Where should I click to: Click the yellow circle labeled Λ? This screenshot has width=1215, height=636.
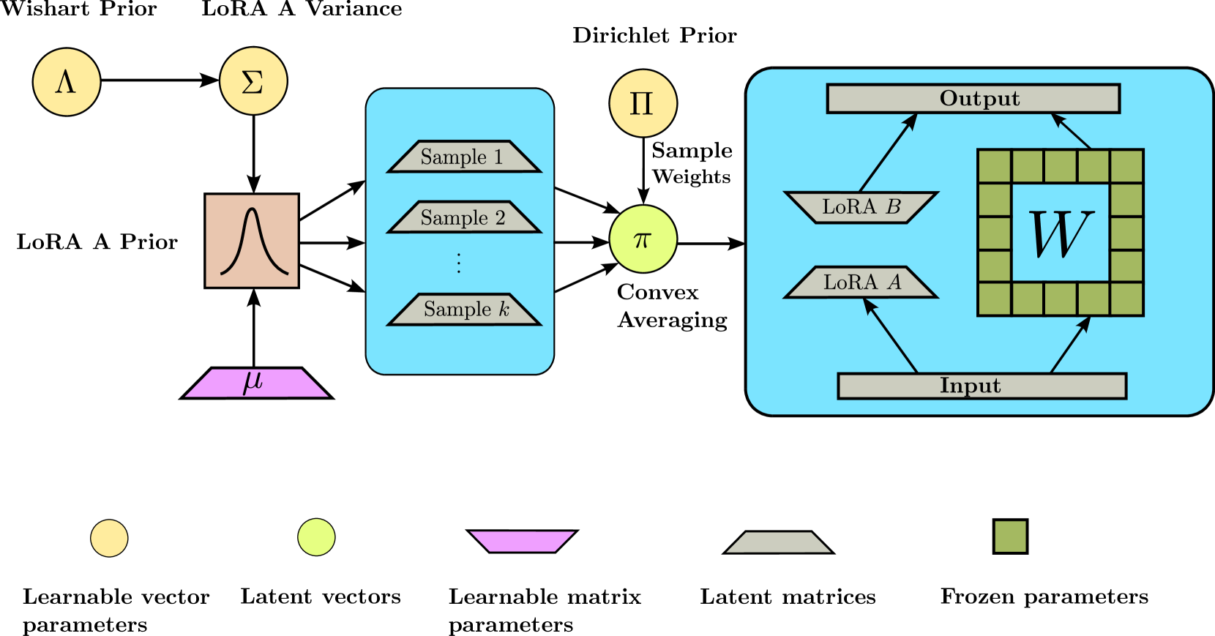[67, 82]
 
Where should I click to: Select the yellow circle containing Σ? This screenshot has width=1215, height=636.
[253, 81]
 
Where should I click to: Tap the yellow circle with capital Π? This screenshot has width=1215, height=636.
[643, 103]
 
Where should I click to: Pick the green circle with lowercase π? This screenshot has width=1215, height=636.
[643, 239]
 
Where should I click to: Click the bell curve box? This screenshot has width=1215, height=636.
[252, 241]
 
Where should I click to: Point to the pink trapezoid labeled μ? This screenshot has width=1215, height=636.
[256, 383]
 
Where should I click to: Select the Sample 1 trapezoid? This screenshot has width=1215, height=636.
[463, 157]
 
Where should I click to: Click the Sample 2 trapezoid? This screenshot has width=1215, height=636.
[463, 217]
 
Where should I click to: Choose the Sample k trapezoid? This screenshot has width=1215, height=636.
[464, 309]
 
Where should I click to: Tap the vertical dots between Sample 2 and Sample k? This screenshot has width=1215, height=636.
[459, 263]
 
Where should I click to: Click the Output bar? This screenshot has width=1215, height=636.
[973, 99]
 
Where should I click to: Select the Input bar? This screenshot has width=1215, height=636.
[982, 386]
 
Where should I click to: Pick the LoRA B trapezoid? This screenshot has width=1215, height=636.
[861, 207]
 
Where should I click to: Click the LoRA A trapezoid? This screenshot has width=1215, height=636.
[861, 283]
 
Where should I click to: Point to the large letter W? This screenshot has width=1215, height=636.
[1061, 233]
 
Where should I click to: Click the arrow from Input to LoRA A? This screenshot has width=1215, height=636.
[891, 336]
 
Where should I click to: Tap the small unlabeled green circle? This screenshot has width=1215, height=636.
[316, 537]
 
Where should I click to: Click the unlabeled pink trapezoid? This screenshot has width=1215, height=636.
[522, 541]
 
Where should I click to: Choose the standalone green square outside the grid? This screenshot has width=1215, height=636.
[1010, 536]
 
